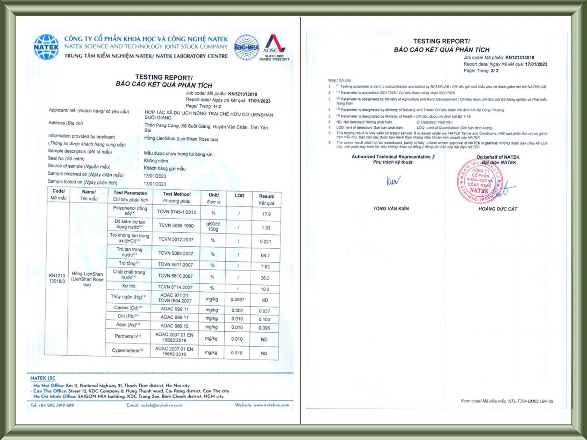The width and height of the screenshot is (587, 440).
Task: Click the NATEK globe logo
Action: (46, 47)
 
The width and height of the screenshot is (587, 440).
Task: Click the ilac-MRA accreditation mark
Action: (246, 47)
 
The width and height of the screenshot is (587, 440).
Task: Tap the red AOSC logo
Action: (275, 44)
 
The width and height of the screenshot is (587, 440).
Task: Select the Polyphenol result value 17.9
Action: (266, 214)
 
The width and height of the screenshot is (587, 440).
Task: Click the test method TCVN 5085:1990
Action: (176, 225)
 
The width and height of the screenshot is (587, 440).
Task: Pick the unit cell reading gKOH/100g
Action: (213, 226)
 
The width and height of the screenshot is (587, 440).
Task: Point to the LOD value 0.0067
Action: (237, 300)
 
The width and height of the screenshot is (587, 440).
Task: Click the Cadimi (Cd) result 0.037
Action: (264, 311)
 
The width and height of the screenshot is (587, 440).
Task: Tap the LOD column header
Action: (239, 196)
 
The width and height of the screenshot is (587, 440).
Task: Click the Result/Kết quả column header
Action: (266, 200)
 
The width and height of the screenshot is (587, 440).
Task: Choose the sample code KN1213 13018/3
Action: (57, 278)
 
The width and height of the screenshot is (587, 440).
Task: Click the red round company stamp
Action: (479, 180)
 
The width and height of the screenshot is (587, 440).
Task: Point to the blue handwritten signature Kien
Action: (393, 180)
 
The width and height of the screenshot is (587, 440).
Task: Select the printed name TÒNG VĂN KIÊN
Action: (391, 208)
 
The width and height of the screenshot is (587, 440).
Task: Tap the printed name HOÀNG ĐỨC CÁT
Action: (498, 209)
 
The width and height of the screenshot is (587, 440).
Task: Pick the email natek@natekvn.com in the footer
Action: (154, 405)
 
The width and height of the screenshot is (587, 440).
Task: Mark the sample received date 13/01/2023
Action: (155, 176)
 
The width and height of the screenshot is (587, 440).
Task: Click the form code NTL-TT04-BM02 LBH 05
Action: (530, 401)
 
